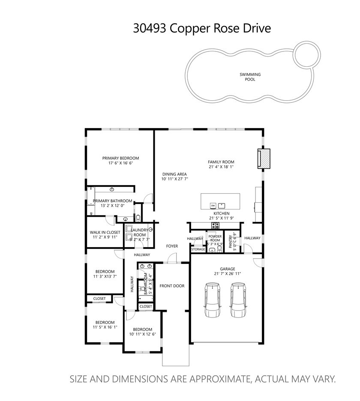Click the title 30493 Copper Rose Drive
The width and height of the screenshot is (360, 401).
(x=202, y=28)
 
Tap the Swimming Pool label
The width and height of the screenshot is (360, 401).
(x=250, y=77)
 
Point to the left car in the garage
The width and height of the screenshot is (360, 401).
(x=213, y=300)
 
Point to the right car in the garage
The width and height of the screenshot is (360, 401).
(x=238, y=300)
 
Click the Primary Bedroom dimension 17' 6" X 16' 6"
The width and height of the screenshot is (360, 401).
(x=120, y=163)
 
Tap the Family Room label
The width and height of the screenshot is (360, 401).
(x=221, y=162)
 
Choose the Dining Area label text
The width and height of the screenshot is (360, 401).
(x=174, y=174)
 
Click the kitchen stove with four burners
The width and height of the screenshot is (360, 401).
(x=215, y=225)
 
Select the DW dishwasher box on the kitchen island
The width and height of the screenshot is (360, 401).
(x=213, y=205)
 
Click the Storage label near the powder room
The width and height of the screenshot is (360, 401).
(x=198, y=249)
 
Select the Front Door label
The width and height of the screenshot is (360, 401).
(x=172, y=286)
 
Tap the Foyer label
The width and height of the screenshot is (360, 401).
(x=172, y=246)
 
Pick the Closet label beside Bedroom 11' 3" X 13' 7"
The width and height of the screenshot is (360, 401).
(x=99, y=298)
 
